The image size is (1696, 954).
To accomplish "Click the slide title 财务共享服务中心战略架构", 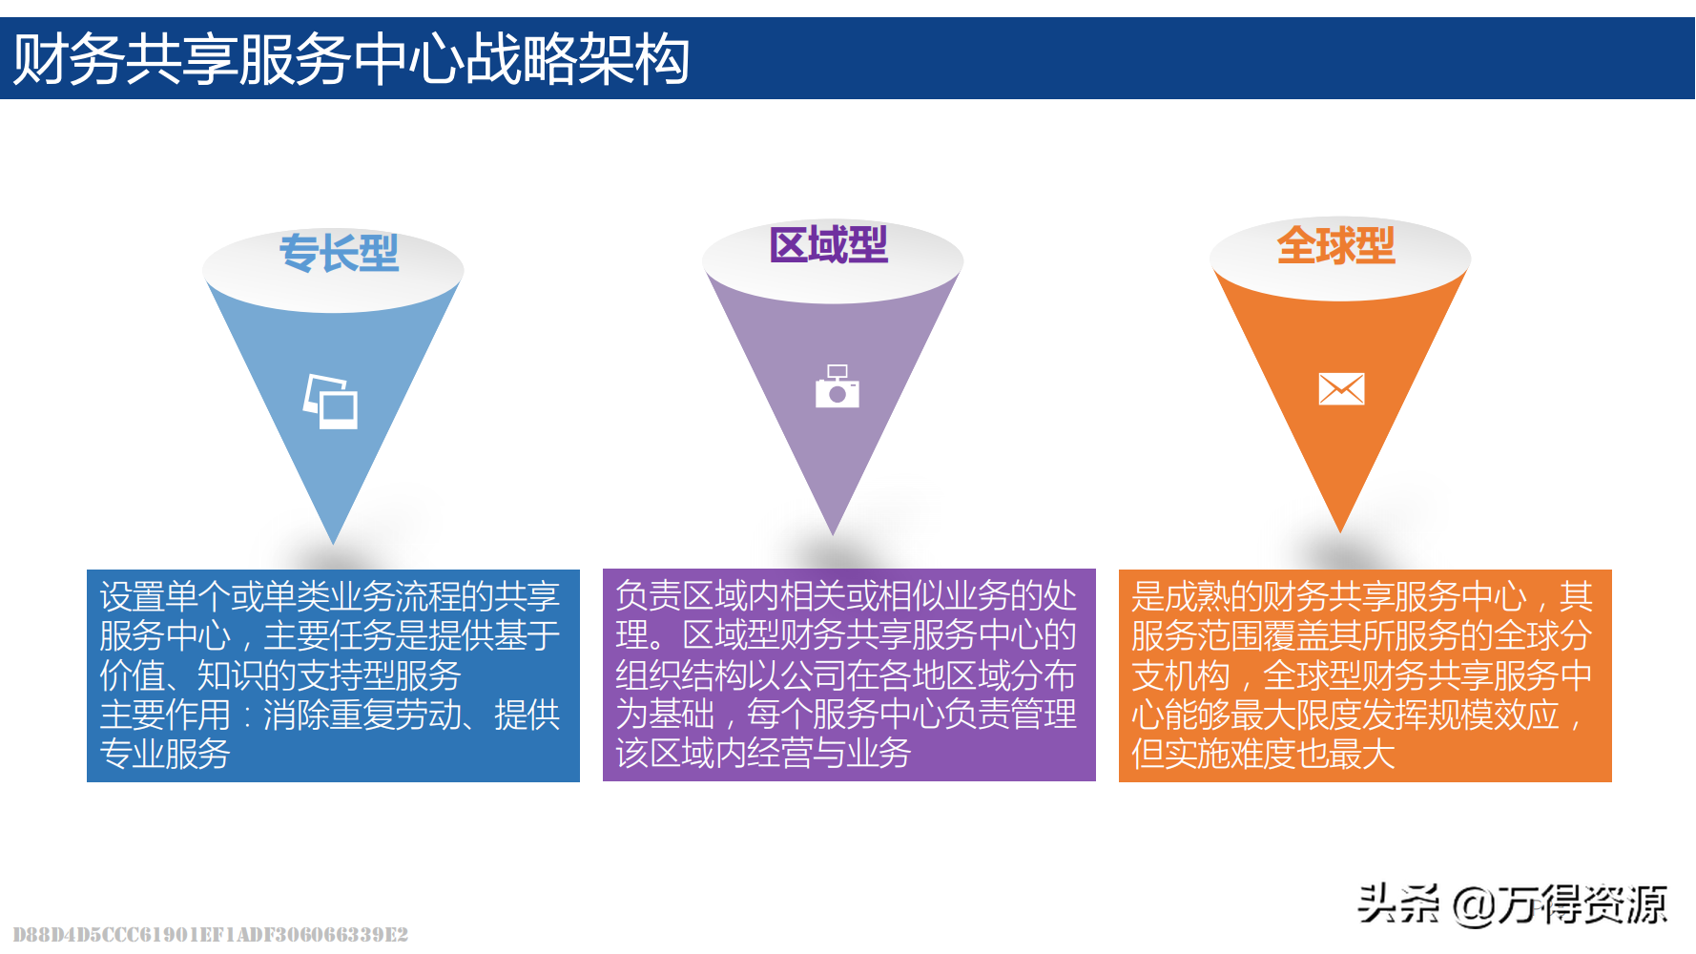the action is tap(351, 59).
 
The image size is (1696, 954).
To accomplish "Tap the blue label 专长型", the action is tap(339, 254).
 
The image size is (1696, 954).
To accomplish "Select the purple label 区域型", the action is tap(828, 245).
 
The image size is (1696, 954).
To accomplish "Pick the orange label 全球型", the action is tap(1335, 245).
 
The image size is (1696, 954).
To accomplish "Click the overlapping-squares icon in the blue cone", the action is tap(331, 402).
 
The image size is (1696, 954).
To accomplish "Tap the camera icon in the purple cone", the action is tap(837, 387).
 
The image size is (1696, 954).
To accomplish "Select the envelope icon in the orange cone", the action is tap(1341, 389).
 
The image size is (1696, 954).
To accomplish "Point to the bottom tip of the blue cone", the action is tap(333, 542).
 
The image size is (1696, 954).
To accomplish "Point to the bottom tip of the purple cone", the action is tap(833, 532).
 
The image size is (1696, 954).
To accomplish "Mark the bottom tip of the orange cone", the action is tap(1340, 529).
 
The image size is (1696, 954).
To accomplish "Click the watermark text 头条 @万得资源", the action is tap(1512, 903).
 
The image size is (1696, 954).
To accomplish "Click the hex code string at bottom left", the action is tap(211, 934).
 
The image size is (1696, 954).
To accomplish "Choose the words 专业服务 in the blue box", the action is tap(165, 755).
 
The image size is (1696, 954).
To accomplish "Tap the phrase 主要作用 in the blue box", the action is tap(165, 715).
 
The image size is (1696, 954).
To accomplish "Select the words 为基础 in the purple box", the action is tap(665, 715).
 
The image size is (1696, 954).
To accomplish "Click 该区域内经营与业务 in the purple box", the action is tap(763, 754).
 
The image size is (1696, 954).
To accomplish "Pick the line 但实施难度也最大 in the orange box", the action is tap(1263, 755).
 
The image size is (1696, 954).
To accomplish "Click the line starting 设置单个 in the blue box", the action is tap(329, 597).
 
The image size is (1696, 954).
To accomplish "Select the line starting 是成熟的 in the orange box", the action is tap(1362, 597).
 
